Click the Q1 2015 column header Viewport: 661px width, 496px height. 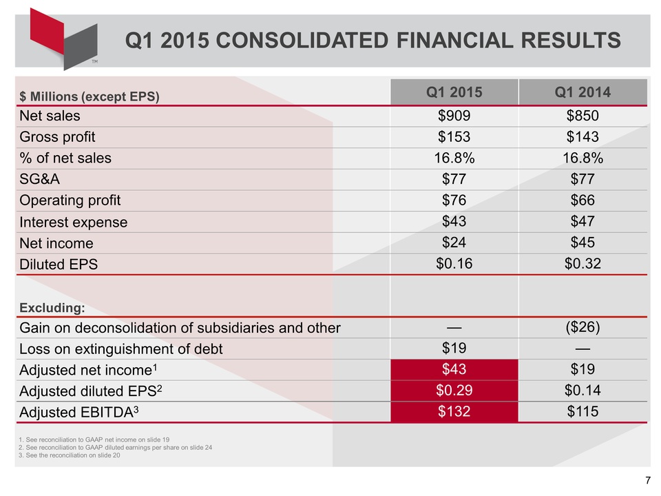coord(454,92)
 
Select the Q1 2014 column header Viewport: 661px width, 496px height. coord(583,92)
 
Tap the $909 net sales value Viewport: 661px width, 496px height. coord(454,115)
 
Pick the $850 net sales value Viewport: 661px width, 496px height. coord(583,115)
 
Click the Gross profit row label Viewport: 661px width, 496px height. coord(57,136)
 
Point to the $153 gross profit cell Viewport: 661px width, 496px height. coord(454,136)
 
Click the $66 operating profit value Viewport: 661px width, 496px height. coord(583,200)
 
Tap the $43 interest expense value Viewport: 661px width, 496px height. coord(454,221)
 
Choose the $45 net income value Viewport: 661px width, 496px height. coord(583,242)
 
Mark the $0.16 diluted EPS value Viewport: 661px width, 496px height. coord(454,263)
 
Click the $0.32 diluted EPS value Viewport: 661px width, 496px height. coord(583,263)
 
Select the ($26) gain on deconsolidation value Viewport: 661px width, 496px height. coord(583,327)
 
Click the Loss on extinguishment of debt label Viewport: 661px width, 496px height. coord(121,349)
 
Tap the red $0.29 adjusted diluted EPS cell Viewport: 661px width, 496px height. coord(454,391)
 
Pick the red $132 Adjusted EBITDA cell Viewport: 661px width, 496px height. coord(454,412)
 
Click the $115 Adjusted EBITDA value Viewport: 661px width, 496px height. coord(583,412)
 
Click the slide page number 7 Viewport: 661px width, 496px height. coord(648,481)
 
